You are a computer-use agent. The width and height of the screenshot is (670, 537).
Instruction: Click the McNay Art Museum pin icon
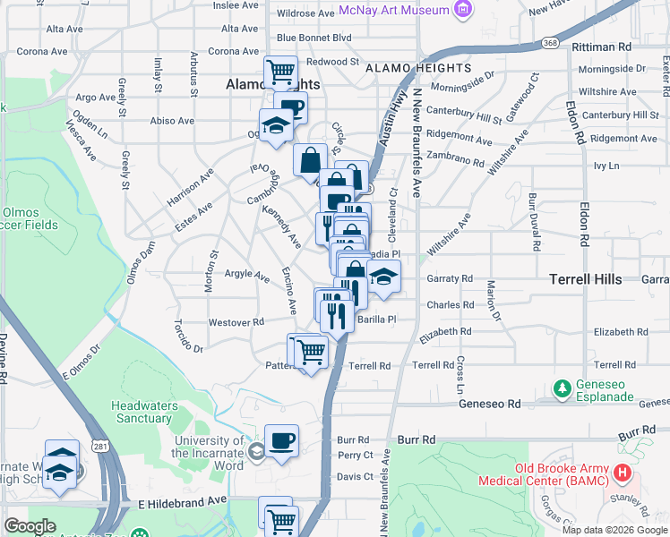coord(462,10)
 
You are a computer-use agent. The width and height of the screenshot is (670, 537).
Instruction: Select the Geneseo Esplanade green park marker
coord(562,389)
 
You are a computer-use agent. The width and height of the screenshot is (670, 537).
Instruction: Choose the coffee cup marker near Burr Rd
coord(281,440)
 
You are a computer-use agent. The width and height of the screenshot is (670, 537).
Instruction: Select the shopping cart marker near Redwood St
coord(280,71)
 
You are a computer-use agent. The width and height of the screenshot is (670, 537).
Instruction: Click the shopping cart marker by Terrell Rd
coord(311,352)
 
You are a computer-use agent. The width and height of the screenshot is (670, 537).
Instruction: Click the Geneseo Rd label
coord(490,404)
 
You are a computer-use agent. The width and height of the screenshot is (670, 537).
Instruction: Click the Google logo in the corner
coord(30,525)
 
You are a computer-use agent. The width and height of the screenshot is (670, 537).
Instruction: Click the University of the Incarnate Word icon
coord(256,449)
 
